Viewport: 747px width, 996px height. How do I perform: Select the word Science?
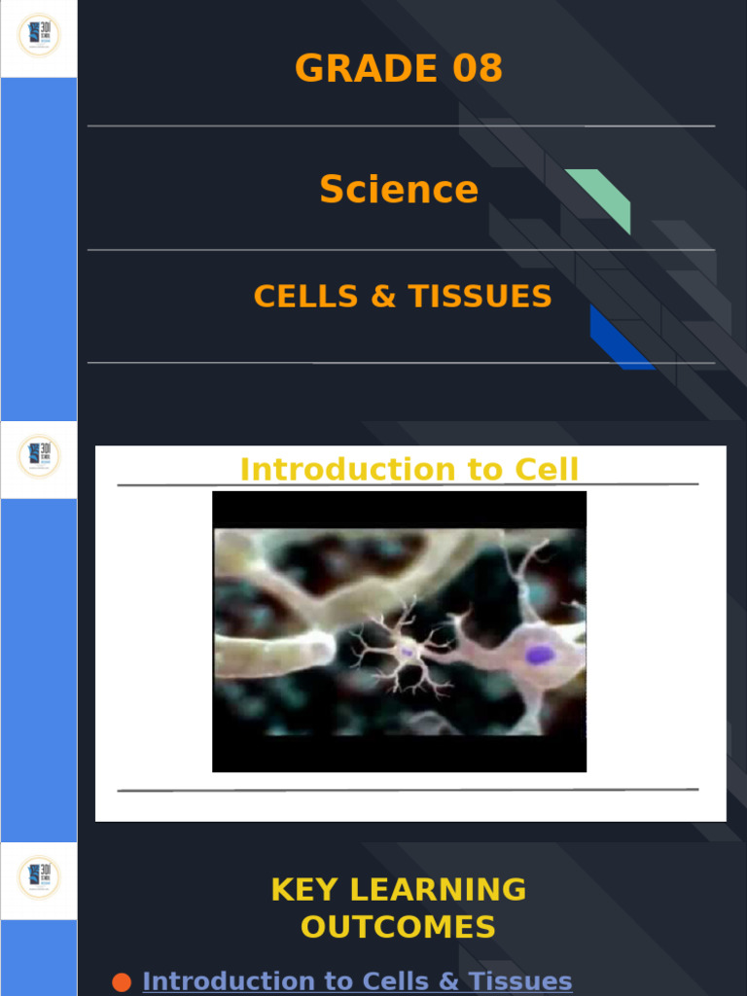tap(399, 189)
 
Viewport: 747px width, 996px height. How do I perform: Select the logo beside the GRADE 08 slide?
tap(39, 36)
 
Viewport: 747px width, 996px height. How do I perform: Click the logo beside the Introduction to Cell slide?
tap(39, 457)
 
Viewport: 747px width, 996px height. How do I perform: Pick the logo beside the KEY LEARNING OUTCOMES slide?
tap(39, 879)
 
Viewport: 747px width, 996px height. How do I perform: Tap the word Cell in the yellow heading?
tap(550, 470)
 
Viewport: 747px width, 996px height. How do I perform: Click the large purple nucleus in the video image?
tap(540, 655)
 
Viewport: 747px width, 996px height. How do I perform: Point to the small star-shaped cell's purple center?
tap(406, 652)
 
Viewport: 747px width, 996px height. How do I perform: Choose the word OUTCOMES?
tap(398, 927)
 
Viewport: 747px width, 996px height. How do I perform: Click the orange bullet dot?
tap(122, 982)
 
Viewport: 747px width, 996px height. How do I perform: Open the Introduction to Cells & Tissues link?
tap(357, 981)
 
